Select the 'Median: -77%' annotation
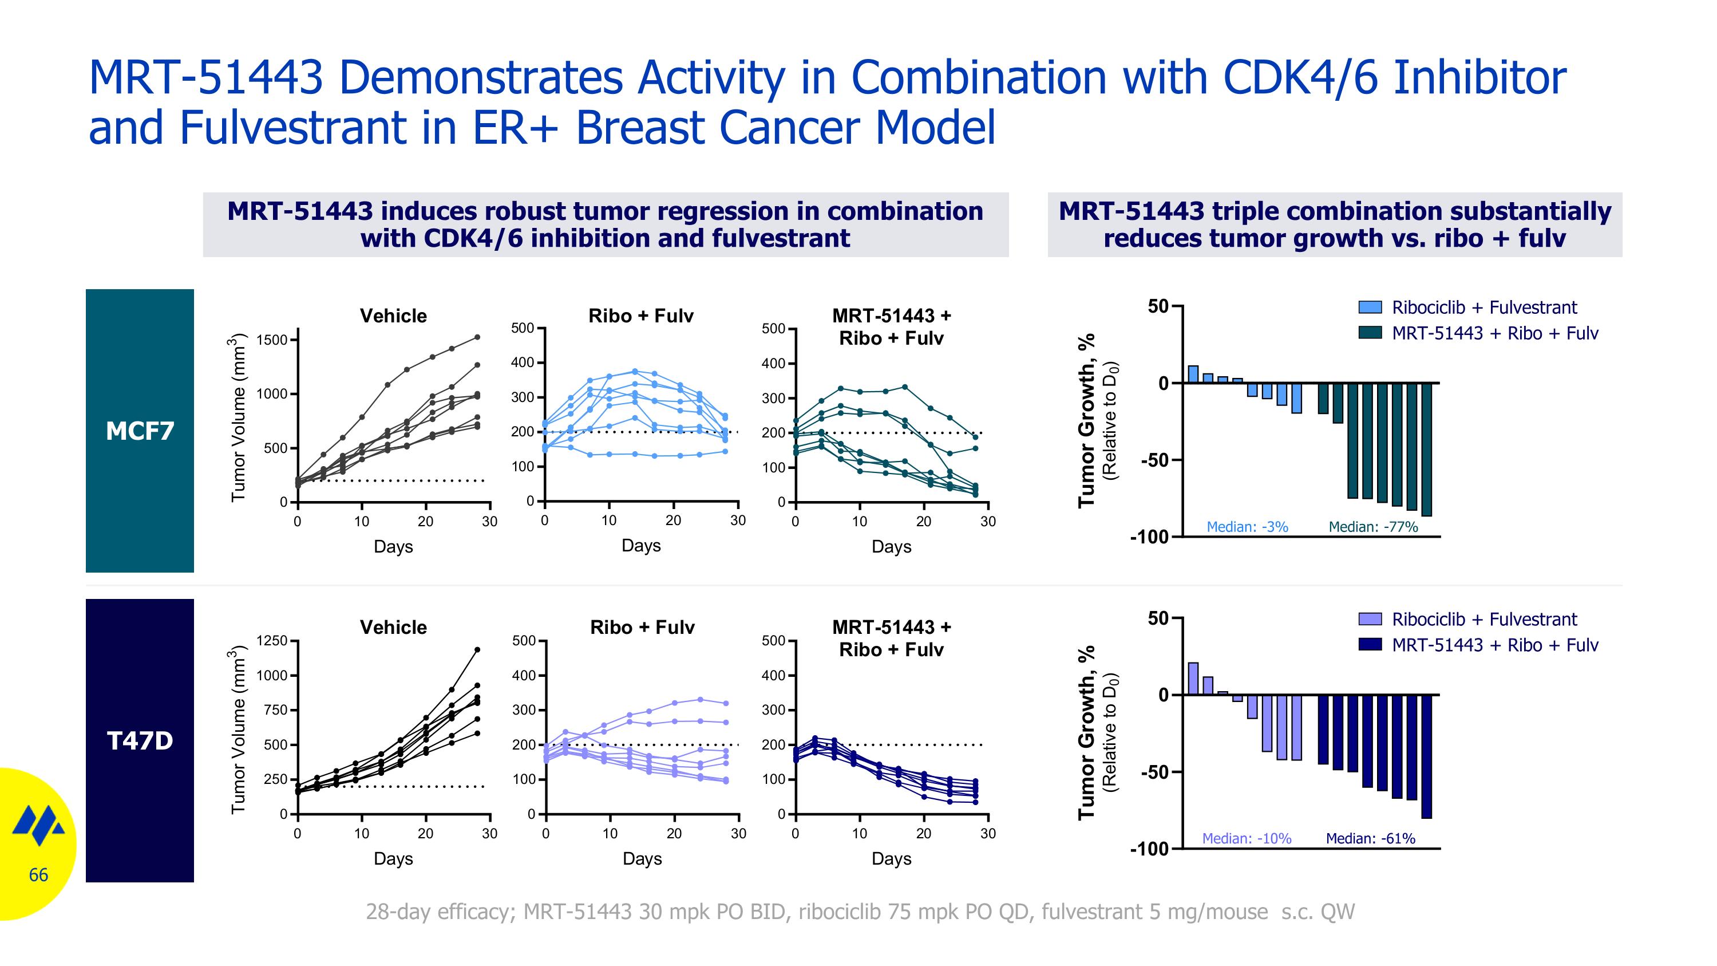[x=1373, y=527]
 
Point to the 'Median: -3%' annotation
[x=1247, y=527]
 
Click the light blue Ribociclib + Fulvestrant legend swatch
[x=1370, y=307]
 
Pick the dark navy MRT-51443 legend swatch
[x=1370, y=645]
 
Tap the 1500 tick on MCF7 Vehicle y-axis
[x=272, y=340]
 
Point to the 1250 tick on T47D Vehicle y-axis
[x=272, y=641]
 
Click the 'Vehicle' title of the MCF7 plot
[x=393, y=316]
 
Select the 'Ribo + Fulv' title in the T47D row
[x=642, y=628]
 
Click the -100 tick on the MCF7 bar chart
[x=1150, y=537]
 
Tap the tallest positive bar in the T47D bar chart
[x=1193, y=679]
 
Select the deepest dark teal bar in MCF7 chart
[x=1426, y=450]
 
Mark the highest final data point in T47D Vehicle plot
[x=477, y=649]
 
